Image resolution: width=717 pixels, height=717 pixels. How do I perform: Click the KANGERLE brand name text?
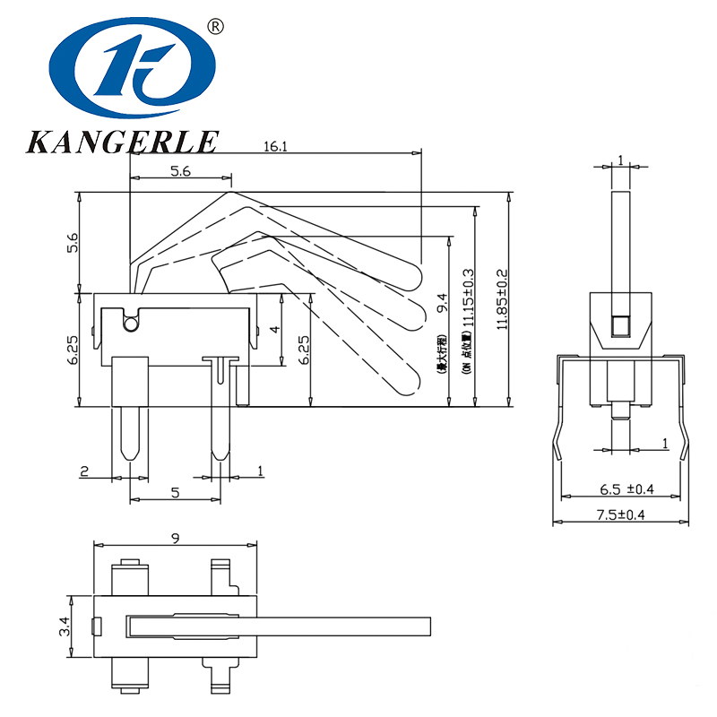[x=123, y=141]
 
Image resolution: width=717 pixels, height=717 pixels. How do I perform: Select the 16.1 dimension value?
[x=275, y=146]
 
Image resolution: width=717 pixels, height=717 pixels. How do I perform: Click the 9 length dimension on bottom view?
[x=176, y=538]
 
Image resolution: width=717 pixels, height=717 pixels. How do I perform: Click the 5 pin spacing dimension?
[x=175, y=492]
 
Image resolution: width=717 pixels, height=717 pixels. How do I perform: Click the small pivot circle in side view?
[x=132, y=323]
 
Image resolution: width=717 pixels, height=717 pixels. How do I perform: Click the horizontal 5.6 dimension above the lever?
[x=179, y=173]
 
